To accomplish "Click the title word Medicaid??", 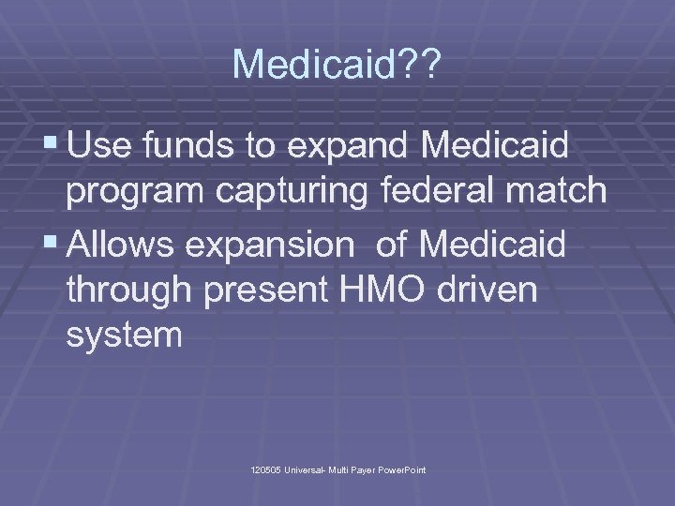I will (x=337, y=64).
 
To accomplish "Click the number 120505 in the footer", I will (x=266, y=469).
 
